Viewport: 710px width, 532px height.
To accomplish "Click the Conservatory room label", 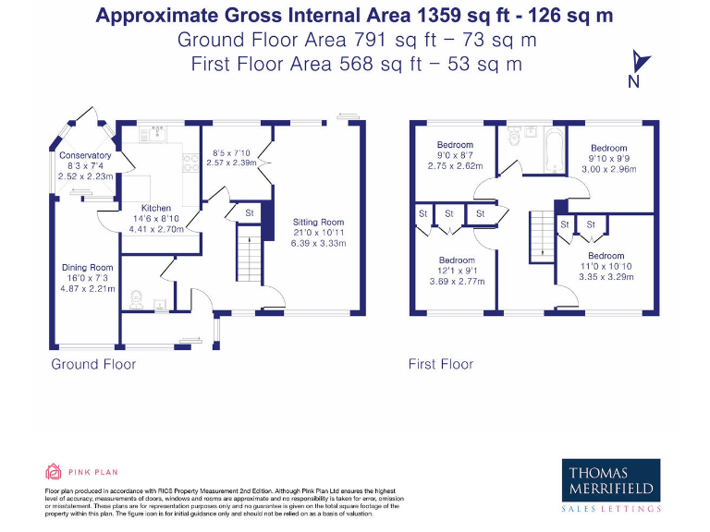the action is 85,155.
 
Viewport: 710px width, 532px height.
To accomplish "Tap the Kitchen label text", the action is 156,208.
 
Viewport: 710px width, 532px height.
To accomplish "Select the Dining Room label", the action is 88,267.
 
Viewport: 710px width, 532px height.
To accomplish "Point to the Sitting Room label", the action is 318,222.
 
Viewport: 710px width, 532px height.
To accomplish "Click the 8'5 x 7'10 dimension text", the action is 231,153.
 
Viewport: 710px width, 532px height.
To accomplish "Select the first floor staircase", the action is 543,236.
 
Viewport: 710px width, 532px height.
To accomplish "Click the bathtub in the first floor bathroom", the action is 555,151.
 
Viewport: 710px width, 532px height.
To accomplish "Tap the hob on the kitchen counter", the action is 190,163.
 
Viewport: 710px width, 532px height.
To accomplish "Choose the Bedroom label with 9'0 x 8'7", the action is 455,145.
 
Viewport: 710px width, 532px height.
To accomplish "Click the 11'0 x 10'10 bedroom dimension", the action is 606,266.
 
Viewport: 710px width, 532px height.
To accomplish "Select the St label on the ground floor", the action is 250,212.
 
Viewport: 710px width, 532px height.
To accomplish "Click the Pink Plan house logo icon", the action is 53,471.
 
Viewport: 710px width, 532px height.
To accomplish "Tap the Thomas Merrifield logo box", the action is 611,480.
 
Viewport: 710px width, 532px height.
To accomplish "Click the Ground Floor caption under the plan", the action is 93,364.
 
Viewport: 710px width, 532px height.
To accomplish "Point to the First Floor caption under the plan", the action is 441,364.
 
